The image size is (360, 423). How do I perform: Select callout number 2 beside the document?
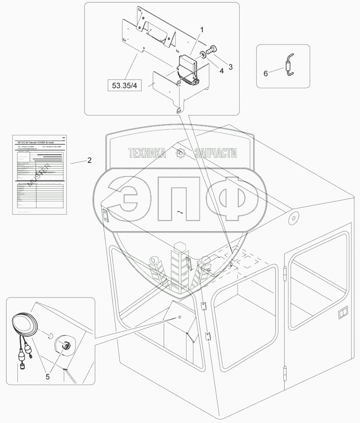click(x=89, y=160)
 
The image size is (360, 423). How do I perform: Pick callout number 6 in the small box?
click(x=266, y=73)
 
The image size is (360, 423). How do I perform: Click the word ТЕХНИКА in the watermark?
click(x=147, y=153)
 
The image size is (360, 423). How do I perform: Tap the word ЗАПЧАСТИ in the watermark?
click(x=215, y=153)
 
